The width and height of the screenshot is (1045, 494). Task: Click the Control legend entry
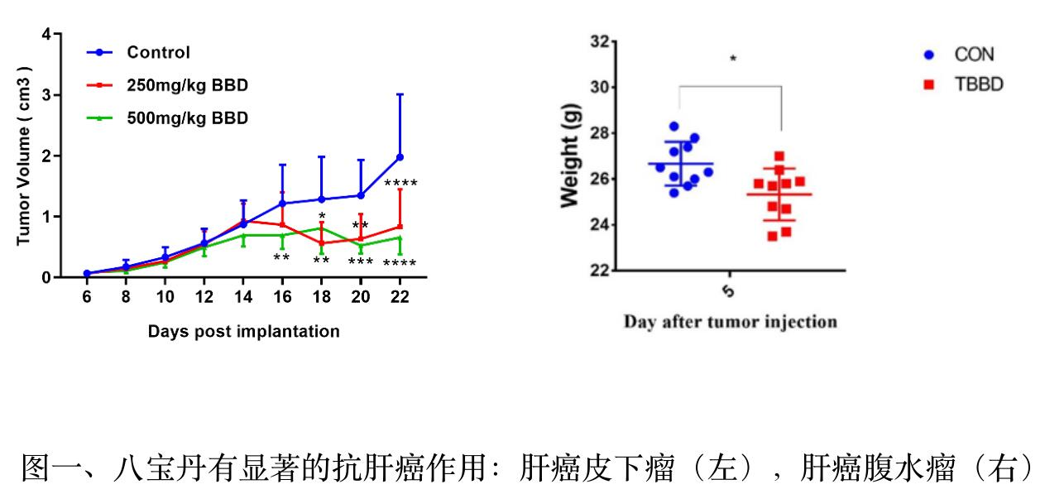point(158,53)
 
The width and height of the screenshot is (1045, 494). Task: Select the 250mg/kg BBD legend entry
point(187,86)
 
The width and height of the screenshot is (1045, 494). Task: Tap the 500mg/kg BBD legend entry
point(187,118)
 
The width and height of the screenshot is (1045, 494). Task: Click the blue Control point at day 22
point(400,156)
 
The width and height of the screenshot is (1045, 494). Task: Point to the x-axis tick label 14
point(242,297)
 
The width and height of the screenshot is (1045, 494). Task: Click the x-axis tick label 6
point(86,297)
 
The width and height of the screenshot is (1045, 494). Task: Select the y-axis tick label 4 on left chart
point(46,35)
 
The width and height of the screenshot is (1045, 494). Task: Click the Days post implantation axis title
point(243,332)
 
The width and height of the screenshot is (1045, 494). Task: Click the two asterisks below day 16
point(281,258)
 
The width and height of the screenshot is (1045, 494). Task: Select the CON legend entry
point(974,55)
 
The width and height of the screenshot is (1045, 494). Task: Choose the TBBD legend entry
point(979,84)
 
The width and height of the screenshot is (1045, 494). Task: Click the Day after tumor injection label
point(730,322)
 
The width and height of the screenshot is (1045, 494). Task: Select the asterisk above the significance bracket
point(733,59)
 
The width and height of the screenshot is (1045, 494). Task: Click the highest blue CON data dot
point(674,127)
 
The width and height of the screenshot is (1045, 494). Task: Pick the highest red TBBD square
point(779,156)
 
